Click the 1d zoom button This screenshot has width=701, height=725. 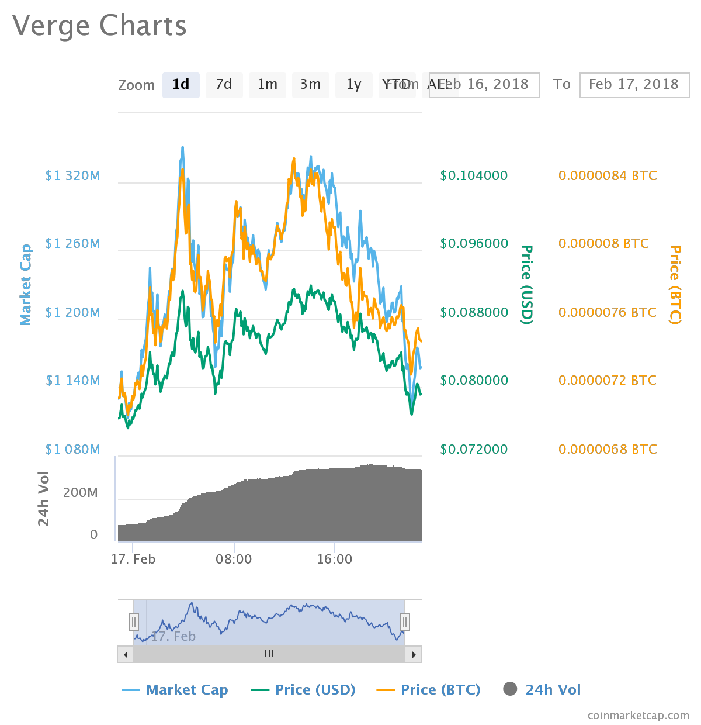[x=181, y=85]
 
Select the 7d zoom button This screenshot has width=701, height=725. [x=224, y=85]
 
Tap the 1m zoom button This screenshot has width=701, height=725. [x=268, y=85]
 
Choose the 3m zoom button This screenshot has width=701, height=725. [x=311, y=85]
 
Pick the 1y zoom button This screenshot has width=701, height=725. [x=354, y=85]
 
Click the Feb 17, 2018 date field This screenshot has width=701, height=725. [x=634, y=85]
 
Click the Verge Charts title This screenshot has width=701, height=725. [x=99, y=26]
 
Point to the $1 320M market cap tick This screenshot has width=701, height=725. [x=73, y=176]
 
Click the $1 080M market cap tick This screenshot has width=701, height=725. [x=73, y=450]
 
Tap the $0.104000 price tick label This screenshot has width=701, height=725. [x=474, y=176]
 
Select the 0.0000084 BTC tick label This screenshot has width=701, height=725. [x=608, y=176]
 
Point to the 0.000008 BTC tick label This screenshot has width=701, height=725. [x=603, y=244]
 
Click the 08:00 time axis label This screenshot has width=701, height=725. [x=234, y=560]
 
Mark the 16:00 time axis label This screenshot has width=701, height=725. [x=335, y=560]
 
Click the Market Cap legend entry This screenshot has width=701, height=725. [x=187, y=690]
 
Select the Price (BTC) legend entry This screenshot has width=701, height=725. [x=440, y=690]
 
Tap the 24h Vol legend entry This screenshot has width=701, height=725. [x=553, y=690]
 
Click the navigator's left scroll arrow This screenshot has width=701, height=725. [x=125, y=654]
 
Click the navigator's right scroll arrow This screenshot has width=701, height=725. [x=414, y=654]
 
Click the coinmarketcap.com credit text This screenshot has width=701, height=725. [x=638, y=716]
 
